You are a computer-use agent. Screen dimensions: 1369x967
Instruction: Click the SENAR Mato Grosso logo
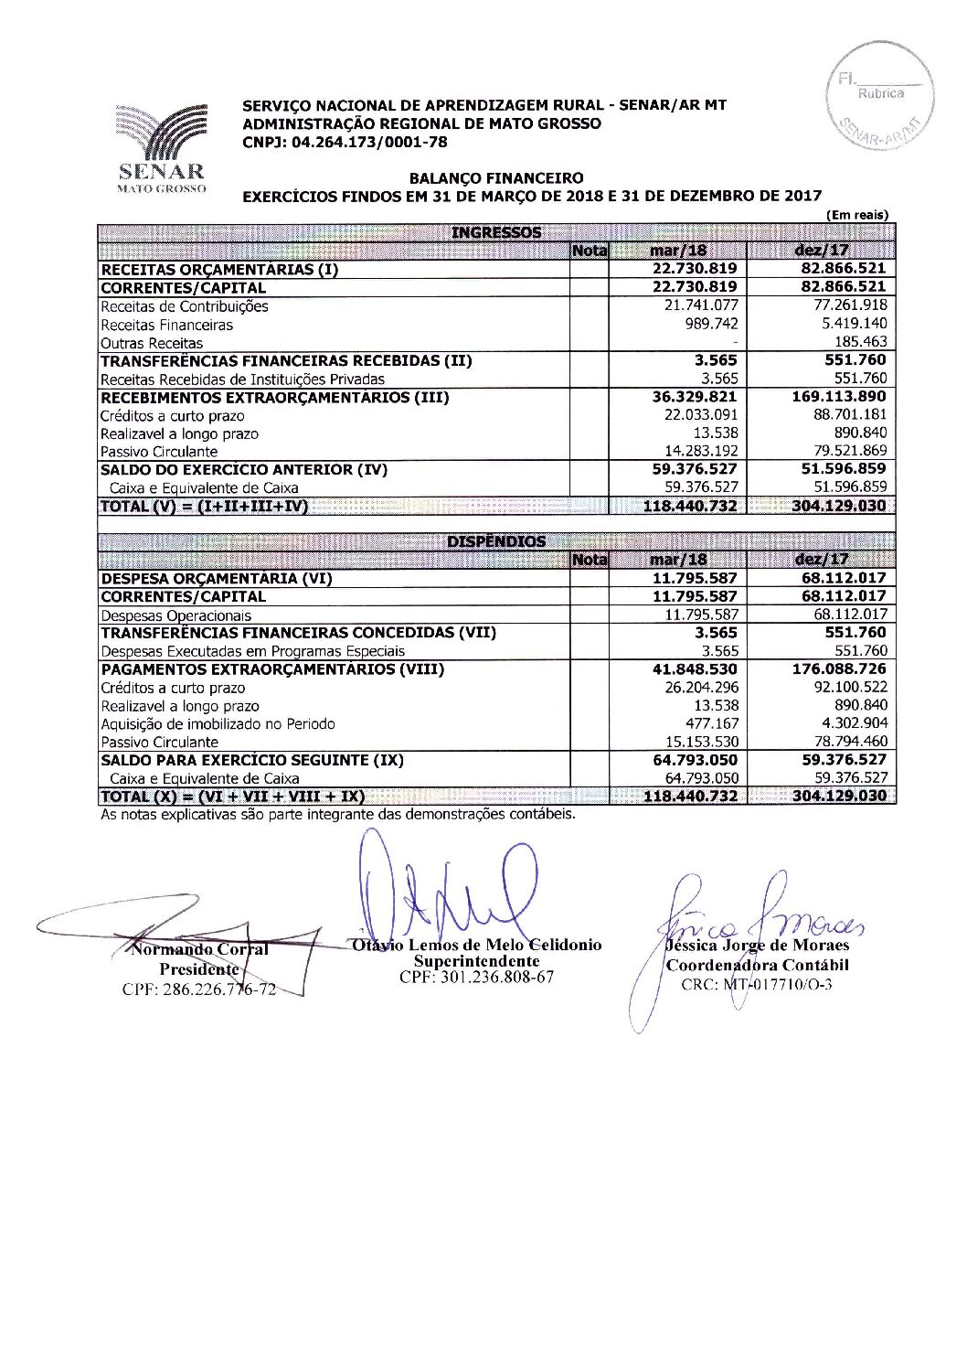(162, 146)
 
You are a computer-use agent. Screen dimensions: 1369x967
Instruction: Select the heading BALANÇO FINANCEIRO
(496, 178)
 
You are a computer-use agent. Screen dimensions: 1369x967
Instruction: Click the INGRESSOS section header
(496, 232)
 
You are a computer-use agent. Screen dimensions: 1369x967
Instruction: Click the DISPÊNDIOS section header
(496, 541)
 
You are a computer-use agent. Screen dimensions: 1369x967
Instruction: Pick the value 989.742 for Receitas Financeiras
(711, 324)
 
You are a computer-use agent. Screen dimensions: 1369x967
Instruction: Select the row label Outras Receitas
(152, 343)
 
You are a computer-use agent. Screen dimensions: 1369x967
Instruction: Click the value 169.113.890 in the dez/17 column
(839, 397)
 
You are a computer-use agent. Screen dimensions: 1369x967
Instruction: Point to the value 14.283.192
(700, 451)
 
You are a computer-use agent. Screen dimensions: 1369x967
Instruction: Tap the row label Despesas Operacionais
(175, 615)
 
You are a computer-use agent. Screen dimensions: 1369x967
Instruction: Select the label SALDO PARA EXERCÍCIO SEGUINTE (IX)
(252, 760)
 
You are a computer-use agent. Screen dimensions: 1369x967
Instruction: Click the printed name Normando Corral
(199, 949)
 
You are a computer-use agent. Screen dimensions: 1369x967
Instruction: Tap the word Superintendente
(476, 961)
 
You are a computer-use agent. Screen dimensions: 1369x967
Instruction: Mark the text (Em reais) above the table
(856, 215)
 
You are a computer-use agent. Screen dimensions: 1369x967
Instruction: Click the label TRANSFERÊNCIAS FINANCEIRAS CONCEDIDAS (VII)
(298, 633)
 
